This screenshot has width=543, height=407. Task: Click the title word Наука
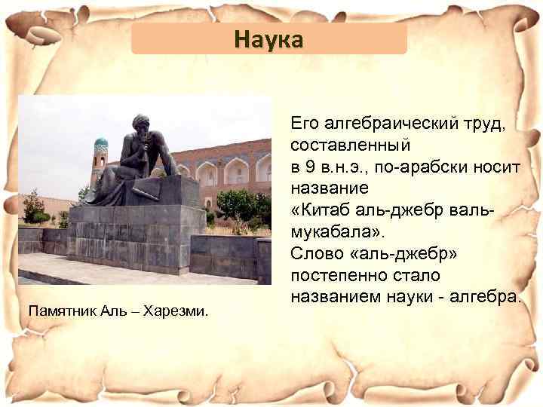(268, 38)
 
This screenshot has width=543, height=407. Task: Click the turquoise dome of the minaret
(101, 143)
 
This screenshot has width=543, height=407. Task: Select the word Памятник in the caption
(60, 310)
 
